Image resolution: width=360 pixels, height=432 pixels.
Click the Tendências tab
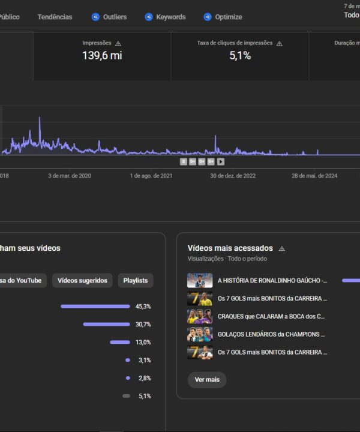(x=55, y=17)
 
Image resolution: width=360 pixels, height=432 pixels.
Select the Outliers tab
(x=109, y=17)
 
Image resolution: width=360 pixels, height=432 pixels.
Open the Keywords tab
(x=166, y=17)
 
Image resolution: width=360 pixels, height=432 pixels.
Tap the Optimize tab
(x=223, y=17)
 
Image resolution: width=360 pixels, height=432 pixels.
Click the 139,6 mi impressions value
(x=102, y=56)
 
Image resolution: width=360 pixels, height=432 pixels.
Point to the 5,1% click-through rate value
(x=240, y=56)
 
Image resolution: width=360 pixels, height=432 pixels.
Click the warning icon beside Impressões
(x=118, y=44)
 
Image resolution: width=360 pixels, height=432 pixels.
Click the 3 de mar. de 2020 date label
(x=70, y=176)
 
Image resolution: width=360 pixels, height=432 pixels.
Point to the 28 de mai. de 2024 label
(x=314, y=176)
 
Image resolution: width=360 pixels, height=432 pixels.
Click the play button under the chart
(x=221, y=161)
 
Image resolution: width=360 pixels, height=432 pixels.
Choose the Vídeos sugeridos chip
(x=82, y=280)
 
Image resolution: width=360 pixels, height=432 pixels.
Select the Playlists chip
(x=136, y=280)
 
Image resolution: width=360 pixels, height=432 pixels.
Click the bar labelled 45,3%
(x=95, y=307)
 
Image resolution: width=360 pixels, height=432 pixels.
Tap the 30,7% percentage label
(x=143, y=325)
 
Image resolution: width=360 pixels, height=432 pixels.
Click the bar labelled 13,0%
(x=120, y=343)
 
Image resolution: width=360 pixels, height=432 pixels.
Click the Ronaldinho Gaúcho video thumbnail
(x=200, y=280)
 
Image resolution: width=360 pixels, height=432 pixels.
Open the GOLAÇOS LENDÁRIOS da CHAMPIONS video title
(x=272, y=334)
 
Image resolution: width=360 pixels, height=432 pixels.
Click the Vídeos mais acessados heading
(x=230, y=248)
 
